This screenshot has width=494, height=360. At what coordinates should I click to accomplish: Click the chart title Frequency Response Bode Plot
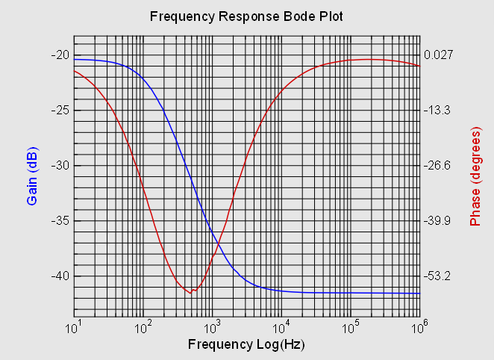point(246,16)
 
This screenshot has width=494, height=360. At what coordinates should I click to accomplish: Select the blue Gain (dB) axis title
point(33,176)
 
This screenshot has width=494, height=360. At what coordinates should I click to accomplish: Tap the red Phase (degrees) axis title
point(475,176)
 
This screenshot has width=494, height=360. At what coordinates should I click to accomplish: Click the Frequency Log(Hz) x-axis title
point(246,345)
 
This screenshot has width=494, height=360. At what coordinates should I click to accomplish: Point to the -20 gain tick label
point(60,55)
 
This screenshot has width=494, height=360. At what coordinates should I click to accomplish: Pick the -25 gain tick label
point(60,110)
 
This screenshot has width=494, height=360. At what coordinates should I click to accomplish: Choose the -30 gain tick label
point(60,165)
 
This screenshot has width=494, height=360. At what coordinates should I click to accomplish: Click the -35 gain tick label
point(60,220)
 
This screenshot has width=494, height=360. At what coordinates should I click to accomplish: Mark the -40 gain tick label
point(60,276)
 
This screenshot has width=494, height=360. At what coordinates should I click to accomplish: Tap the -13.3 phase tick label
point(437,110)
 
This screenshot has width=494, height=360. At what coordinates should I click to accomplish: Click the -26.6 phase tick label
point(437,165)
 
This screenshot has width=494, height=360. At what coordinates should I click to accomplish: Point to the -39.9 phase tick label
point(437,220)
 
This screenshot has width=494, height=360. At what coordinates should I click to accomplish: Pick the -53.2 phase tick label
point(437,276)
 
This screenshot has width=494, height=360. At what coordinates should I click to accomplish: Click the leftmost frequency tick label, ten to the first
point(74,327)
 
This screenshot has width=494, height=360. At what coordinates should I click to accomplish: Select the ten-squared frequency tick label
point(143,327)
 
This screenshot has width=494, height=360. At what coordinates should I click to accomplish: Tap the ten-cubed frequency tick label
point(213,327)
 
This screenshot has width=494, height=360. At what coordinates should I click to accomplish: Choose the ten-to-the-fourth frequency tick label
point(282,327)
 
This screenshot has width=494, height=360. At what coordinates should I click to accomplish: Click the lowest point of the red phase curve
point(190,293)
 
